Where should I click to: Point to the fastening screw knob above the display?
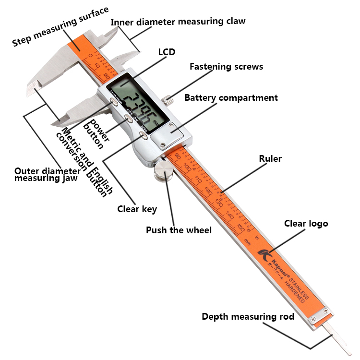tap(168, 100)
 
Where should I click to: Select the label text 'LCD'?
tap(167, 52)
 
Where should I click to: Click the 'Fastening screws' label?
tap(226, 67)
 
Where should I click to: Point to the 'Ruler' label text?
tap(270, 158)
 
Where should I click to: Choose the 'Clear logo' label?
tap(306, 223)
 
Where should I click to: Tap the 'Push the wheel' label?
tap(179, 230)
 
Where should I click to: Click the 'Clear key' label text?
tap(137, 209)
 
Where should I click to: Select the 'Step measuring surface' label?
tap(60, 26)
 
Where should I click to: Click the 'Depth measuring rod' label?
tap(248, 317)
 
